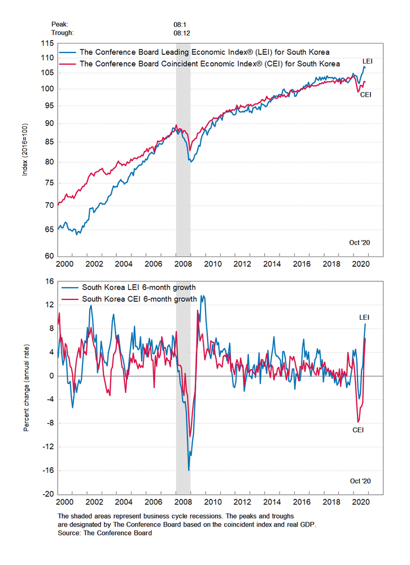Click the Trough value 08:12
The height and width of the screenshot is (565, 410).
(x=182, y=33)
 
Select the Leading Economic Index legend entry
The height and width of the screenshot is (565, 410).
(x=204, y=53)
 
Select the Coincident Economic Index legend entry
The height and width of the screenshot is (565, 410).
(x=210, y=64)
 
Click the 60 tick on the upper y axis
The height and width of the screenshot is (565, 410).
(x=49, y=256)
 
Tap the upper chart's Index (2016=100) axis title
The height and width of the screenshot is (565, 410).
(x=25, y=150)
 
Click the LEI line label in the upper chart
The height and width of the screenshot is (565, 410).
(x=367, y=60)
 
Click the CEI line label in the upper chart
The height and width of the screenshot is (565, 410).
(x=365, y=94)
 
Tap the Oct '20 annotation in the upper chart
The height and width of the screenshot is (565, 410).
(x=359, y=242)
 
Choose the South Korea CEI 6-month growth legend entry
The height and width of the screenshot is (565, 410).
(x=139, y=299)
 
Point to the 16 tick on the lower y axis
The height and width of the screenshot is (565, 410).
(x=49, y=281)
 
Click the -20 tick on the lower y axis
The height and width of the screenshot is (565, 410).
(x=47, y=494)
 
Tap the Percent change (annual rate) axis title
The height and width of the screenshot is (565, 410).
(x=25, y=387)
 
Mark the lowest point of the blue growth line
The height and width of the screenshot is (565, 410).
(x=189, y=470)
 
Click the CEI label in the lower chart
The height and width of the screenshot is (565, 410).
(x=357, y=430)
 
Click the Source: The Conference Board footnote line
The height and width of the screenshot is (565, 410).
(x=104, y=532)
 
